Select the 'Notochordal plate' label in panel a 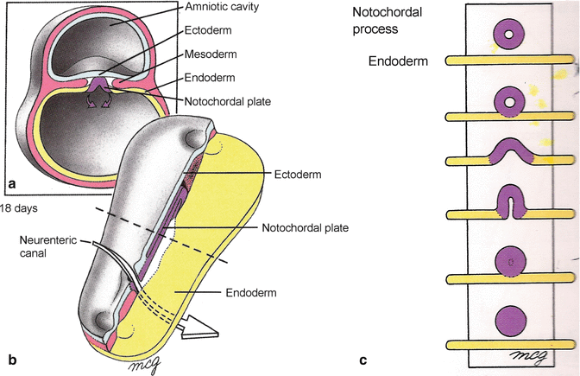coord(227,101)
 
